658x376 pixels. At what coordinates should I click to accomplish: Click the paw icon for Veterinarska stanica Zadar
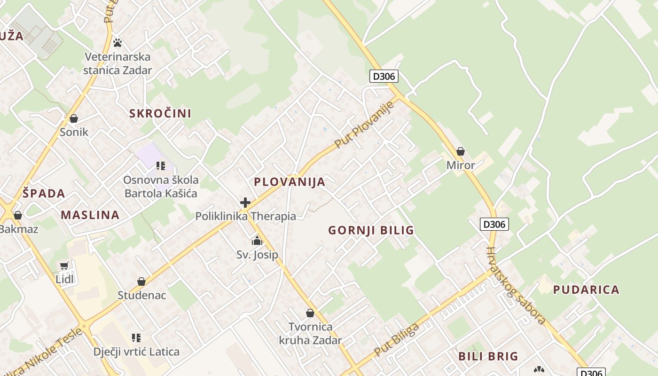117,43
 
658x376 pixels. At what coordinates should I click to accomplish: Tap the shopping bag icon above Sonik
73,118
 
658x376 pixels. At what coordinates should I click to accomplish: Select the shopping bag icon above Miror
461,151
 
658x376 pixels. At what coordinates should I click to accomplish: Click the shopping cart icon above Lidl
64,266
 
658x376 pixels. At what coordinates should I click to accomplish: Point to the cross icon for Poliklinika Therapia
245,203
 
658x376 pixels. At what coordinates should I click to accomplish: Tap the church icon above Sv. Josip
257,241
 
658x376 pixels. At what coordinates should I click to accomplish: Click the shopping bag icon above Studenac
141,282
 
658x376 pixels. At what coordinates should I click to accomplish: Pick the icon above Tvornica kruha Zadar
310,313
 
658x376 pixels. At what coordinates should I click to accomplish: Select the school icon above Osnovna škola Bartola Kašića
161,165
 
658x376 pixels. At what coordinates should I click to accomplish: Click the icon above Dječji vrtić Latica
136,337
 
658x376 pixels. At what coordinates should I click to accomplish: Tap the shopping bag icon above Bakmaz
18,215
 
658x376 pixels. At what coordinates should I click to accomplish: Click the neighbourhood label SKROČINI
160,113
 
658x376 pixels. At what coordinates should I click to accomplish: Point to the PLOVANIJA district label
290,182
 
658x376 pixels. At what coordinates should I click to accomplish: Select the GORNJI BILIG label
371,230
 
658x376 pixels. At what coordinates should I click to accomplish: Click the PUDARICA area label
586,290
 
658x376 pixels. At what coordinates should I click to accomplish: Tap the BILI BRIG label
488,356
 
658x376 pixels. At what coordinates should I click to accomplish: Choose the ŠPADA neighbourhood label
44,193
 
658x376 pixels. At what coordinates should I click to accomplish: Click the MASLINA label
90,215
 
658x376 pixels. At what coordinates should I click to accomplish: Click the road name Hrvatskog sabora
516,286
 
